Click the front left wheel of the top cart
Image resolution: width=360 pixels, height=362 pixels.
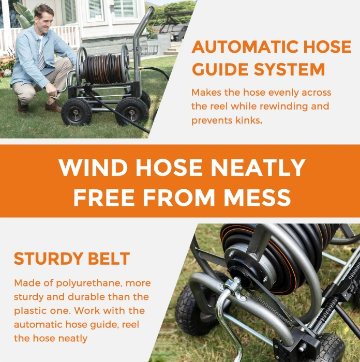tap(76, 112)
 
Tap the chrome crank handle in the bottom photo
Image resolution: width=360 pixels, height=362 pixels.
tap(227, 315)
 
